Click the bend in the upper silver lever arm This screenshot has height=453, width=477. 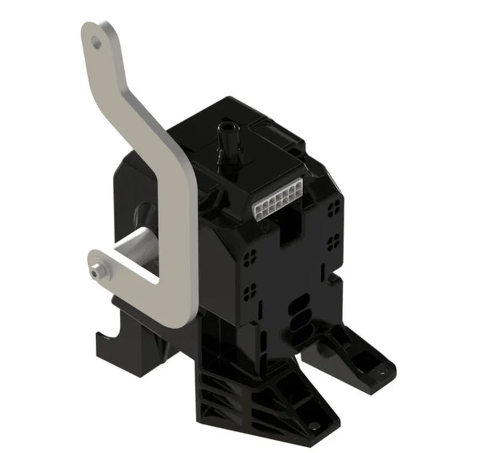107,97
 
